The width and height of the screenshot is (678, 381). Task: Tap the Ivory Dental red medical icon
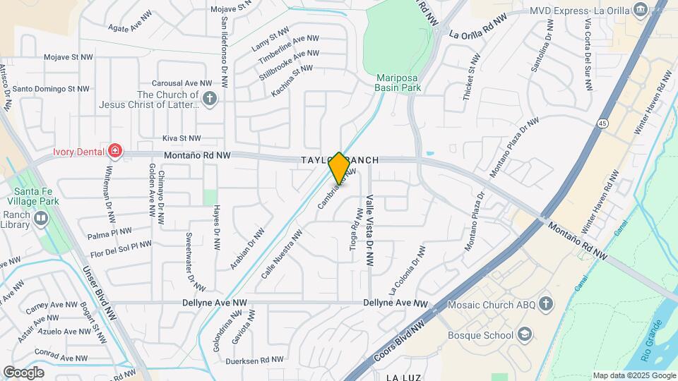point(114,151)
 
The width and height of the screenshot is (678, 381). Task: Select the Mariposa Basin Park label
point(398,83)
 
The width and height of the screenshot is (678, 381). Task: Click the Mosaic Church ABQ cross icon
point(545,305)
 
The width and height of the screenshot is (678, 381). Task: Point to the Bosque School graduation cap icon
point(525,334)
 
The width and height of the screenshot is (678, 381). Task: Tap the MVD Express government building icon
point(641,9)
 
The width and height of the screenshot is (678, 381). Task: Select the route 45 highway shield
point(602,123)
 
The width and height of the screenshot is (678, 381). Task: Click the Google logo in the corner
point(23,372)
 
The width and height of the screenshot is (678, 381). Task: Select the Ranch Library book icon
point(40,219)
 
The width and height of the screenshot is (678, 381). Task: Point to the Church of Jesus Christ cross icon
point(209,99)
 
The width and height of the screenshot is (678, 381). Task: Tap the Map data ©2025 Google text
point(633,375)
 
